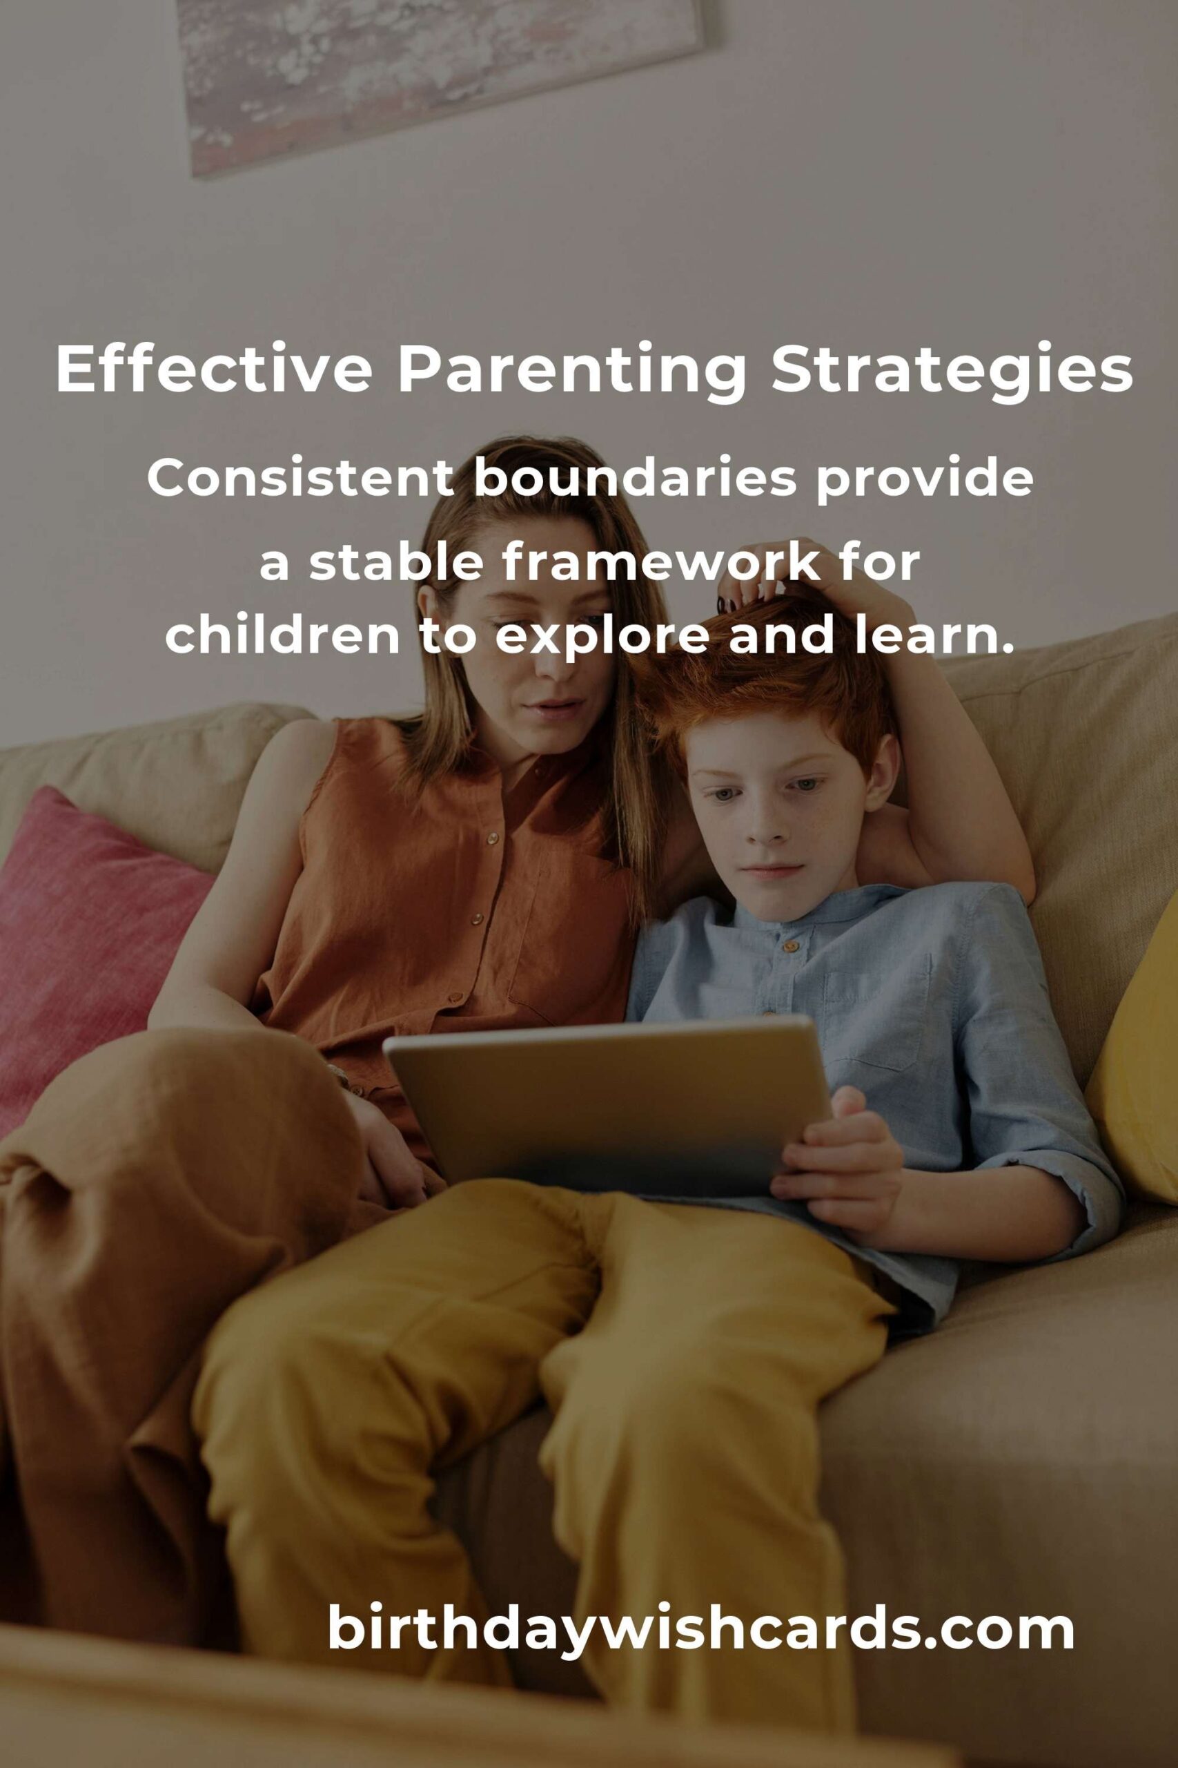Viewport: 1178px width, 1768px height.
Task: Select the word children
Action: click(282, 635)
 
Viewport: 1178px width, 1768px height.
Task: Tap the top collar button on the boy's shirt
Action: click(788, 945)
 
